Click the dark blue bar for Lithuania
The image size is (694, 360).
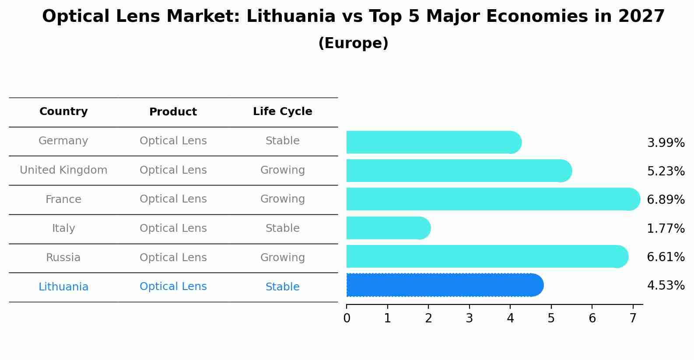[444, 285]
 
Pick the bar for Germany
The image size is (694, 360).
[433, 142]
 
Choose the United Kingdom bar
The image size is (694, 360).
[459, 171]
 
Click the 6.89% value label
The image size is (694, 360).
[666, 200]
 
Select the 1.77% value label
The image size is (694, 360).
[666, 229]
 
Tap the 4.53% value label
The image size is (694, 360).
[666, 286]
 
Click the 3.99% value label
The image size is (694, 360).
[666, 143]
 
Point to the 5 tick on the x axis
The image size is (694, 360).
[551, 318]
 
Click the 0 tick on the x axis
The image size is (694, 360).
[347, 318]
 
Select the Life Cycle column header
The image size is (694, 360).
[283, 112]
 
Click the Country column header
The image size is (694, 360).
[63, 112]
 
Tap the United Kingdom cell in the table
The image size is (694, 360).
[63, 170]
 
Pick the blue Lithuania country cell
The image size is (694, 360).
[63, 287]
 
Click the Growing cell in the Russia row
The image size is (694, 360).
[283, 258]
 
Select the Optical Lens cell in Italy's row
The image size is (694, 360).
[173, 228]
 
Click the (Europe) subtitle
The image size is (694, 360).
[353, 43]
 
